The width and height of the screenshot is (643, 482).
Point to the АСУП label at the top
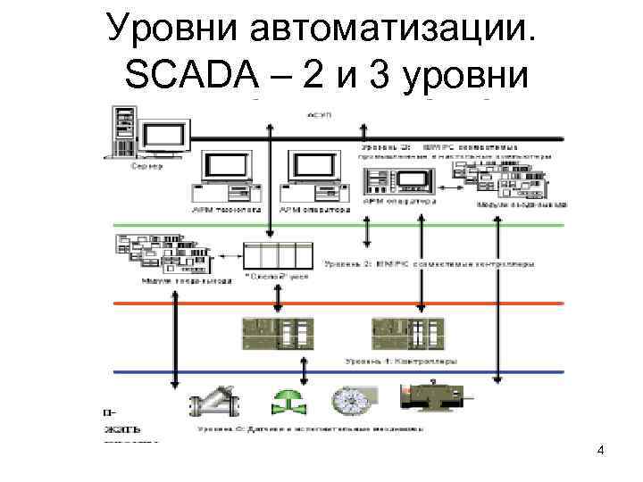click(319, 116)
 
